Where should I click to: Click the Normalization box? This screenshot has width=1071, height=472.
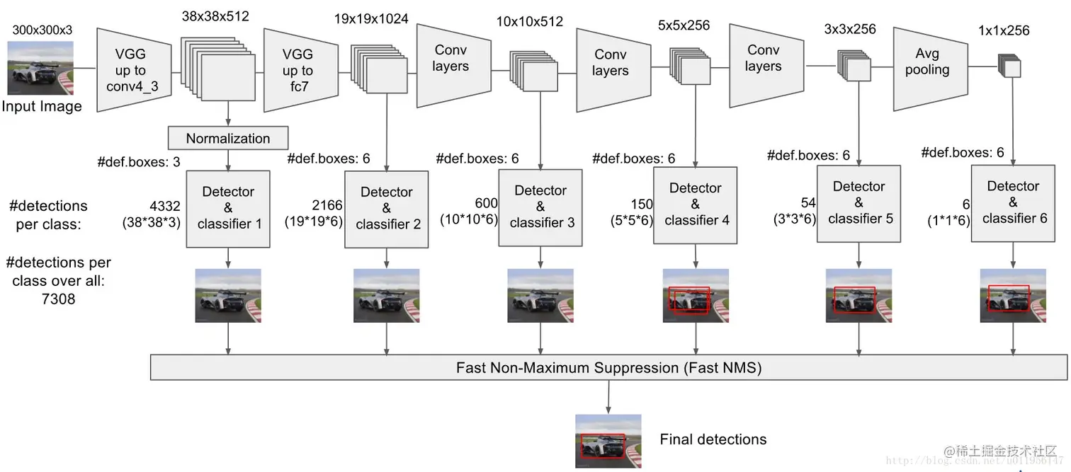click(228, 138)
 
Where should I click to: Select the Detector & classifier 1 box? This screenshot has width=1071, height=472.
click(228, 208)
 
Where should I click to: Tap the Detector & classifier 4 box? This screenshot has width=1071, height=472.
click(696, 205)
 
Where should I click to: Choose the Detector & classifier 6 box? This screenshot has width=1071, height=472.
click(1013, 202)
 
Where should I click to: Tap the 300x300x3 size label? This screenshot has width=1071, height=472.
click(42, 30)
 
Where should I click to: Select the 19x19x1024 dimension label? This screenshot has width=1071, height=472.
click(371, 19)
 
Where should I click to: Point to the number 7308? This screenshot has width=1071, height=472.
click(57, 299)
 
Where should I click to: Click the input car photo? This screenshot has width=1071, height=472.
click(40, 68)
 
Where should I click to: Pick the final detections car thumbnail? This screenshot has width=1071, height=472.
click(608, 441)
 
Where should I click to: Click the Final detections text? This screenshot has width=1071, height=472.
click(713, 439)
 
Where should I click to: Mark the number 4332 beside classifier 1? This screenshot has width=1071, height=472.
click(166, 207)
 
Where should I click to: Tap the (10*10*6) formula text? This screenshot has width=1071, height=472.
click(468, 220)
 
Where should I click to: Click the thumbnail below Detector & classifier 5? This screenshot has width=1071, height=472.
click(858, 295)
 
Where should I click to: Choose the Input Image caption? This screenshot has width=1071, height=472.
click(42, 106)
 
